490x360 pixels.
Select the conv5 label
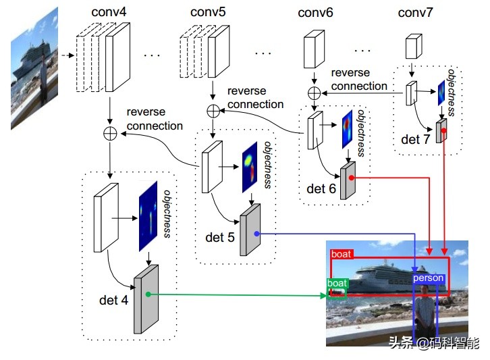tap(209, 12)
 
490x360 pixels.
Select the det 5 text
tap(220, 238)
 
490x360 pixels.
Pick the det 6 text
tap(321, 189)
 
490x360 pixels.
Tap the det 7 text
tap(415, 140)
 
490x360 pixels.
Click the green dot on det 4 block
tap(148, 294)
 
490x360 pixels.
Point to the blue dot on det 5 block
tap(257, 233)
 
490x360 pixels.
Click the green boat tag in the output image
tap(337, 284)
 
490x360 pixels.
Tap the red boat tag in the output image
tap(341, 254)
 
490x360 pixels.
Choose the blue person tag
tap(428, 278)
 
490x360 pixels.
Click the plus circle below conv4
tap(109, 133)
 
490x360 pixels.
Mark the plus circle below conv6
tap(314, 93)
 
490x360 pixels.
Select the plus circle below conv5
tap(213, 110)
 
